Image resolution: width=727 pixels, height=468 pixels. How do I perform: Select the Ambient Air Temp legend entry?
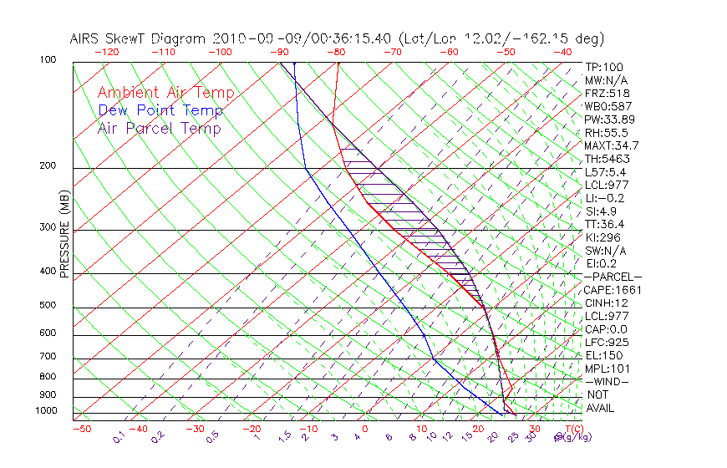pyautogui.click(x=165, y=94)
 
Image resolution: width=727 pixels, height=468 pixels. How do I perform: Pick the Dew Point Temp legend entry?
pyautogui.click(x=160, y=111)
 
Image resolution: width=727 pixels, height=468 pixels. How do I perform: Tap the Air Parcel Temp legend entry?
pyautogui.click(x=160, y=129)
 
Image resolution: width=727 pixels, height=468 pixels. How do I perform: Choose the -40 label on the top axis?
pyautogui.click(x=564, y=52)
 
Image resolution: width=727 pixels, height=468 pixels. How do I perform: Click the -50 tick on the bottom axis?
pyautogui.click(x=82, y=429)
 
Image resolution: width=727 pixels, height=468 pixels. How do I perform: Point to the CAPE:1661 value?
pyautogui.click(x=608, y=290)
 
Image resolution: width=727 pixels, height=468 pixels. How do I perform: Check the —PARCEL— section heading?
pyautogui.click(x=613, y=277)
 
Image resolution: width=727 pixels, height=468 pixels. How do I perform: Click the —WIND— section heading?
pyautogui.click(x=608, y=381)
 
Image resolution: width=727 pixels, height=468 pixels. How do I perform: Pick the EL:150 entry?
pyautogui.click(x=602, y=355)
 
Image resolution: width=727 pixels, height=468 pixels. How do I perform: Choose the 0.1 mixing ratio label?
pyautogui.click(x=119, y=436)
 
